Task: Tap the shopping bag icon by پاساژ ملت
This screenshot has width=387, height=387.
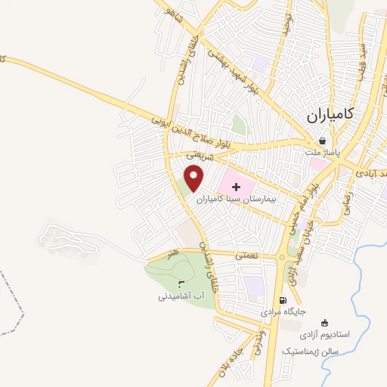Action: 323,141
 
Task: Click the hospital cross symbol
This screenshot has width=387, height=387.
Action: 235,184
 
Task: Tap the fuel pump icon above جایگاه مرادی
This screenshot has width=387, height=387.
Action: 283,299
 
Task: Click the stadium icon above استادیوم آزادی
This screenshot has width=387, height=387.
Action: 325,322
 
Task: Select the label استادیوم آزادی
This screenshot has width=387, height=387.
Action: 325,333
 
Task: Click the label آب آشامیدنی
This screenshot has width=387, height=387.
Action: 181,296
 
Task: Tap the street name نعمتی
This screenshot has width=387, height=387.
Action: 246,257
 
